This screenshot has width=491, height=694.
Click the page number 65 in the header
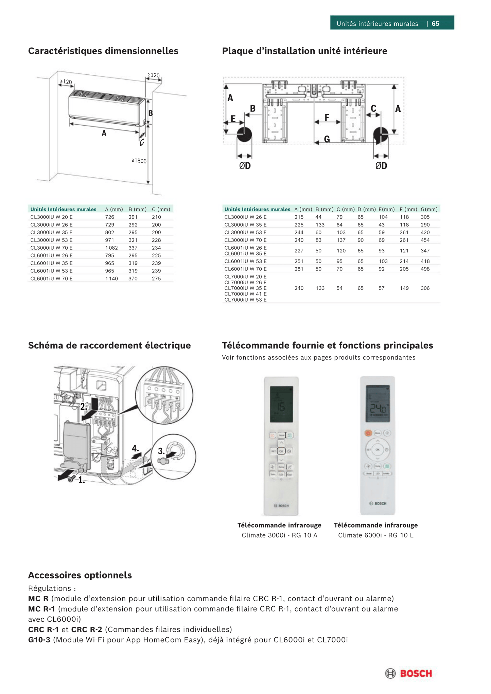435,23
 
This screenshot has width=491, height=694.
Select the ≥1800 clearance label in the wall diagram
139,161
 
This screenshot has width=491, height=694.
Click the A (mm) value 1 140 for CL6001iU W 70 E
111,279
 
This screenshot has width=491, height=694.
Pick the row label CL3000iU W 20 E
51,217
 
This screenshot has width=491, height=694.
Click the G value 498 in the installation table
425,269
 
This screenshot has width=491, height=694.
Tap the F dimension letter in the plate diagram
327,118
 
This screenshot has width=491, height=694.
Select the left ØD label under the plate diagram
245,166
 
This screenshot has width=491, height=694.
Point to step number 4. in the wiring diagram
135,449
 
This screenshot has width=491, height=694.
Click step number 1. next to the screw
82,480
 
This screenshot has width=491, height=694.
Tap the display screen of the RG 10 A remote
282,404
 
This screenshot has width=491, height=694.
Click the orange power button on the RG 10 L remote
368,433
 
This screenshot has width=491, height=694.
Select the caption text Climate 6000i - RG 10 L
375,535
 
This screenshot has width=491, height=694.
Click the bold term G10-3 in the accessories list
39,640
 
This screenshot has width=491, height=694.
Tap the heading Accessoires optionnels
80,575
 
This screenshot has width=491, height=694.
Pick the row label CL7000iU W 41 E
245,294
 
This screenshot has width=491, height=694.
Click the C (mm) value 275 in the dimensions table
156,279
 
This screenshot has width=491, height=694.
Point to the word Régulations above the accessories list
50,588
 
